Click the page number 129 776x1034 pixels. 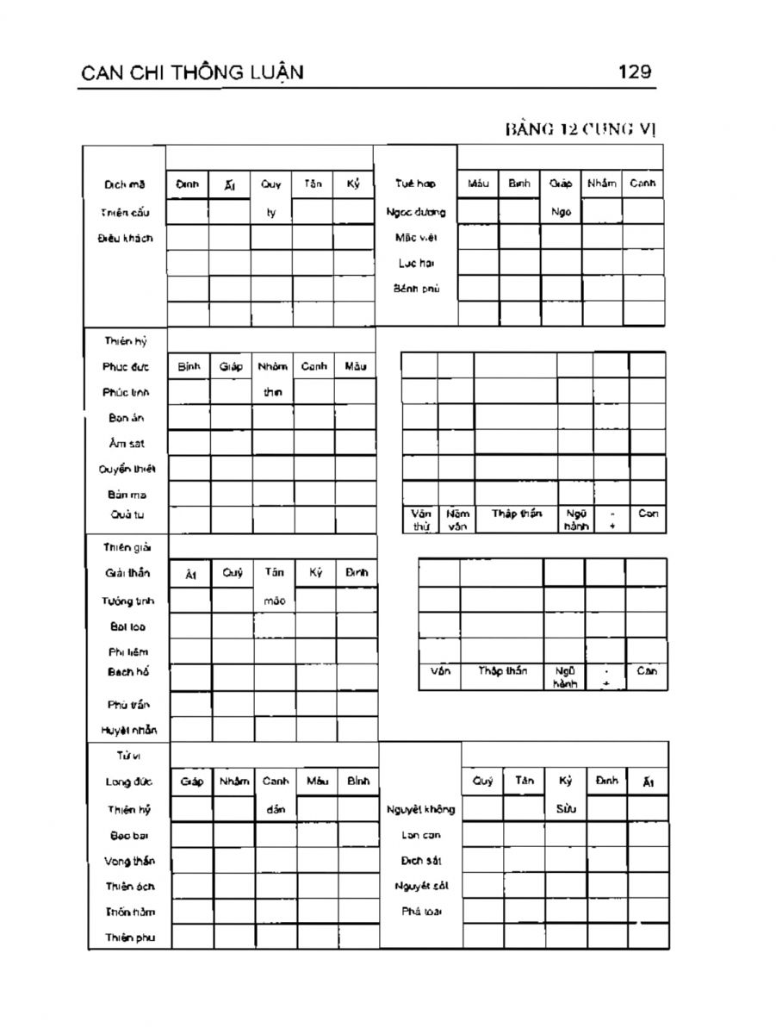pos(635,72)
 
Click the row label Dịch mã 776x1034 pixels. pos(125,184)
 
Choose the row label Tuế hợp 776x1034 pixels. pos(415,184)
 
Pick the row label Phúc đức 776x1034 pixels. pos(125,366)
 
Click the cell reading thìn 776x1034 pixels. pos(272,392)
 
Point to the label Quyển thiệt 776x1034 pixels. pos(125,468)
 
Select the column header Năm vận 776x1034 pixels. pos(456,520)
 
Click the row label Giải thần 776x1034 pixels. pos(127,573)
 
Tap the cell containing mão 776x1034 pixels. pos(274,601)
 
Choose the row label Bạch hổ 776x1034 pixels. pos(127,670)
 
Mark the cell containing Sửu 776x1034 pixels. pos(565,808)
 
